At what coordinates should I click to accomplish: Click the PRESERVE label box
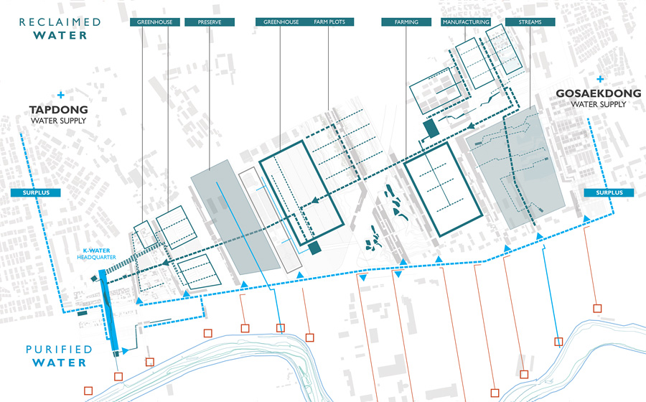click(210, 22)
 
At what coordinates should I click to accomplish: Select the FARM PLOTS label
click(329, 22)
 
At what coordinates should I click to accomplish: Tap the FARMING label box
click(406, 22)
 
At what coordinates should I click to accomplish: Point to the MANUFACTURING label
click(466, 22)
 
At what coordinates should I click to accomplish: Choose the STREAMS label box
click(530, 22)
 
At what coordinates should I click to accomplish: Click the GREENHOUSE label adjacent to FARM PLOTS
click(281, 22)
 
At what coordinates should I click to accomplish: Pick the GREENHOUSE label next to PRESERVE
click(155, 22)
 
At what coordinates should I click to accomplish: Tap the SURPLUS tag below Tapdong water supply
click(36, 192)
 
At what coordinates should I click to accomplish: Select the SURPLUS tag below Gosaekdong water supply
click(609, 192)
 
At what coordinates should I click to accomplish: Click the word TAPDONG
click(59, 110)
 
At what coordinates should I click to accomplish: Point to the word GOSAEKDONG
click(599, 93)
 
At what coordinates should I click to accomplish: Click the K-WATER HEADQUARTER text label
click(96, 253)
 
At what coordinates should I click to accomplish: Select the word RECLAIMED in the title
click(60, 22)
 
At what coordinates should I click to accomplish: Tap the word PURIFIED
click(59, 350)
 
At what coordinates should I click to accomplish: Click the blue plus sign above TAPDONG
click(61, 95)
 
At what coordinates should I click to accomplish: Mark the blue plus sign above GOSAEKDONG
click(600, 79)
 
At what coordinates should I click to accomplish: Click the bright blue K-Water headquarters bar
click(109, 312)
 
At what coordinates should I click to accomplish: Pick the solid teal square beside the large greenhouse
click(315, 248)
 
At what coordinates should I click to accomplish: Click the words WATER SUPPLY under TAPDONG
click(59, 121)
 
